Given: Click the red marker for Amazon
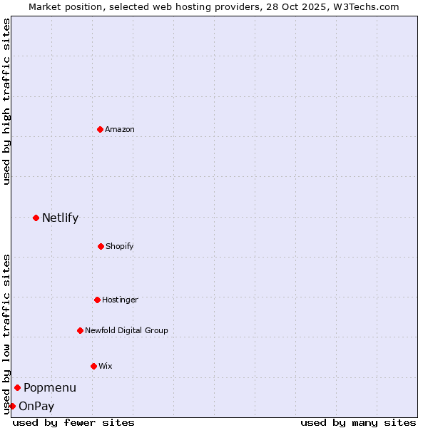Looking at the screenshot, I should [x=101, y=129].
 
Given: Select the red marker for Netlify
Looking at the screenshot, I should [x=36, y=218].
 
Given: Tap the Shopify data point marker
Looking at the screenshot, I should [x=101, y=246].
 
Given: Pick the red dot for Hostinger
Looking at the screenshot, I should [x=97, y=300].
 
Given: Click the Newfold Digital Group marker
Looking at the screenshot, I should [x=80, y=330].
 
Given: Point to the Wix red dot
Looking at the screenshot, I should [x=93, y=366].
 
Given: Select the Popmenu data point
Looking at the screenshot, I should [x=17, y=387].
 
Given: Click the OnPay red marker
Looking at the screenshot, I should [x=12, y=406].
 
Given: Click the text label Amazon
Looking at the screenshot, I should [x=120, y=129].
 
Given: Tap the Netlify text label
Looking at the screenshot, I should [x=60, y=218].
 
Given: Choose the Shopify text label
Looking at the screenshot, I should [x=120, y=246].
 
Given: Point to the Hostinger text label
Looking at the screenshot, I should [x=120, y=300].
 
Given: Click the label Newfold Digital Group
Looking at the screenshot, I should [x=126, y=330].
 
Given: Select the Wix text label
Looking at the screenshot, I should [x=106, y=366].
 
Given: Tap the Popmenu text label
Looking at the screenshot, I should [x=50, y=387].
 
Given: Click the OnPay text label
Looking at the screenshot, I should [x=36, y=406].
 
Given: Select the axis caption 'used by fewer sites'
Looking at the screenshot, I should [x=73, y=422].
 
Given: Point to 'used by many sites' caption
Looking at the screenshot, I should [x=358, y=422].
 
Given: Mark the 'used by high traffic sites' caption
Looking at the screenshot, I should [x=6, y=101].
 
